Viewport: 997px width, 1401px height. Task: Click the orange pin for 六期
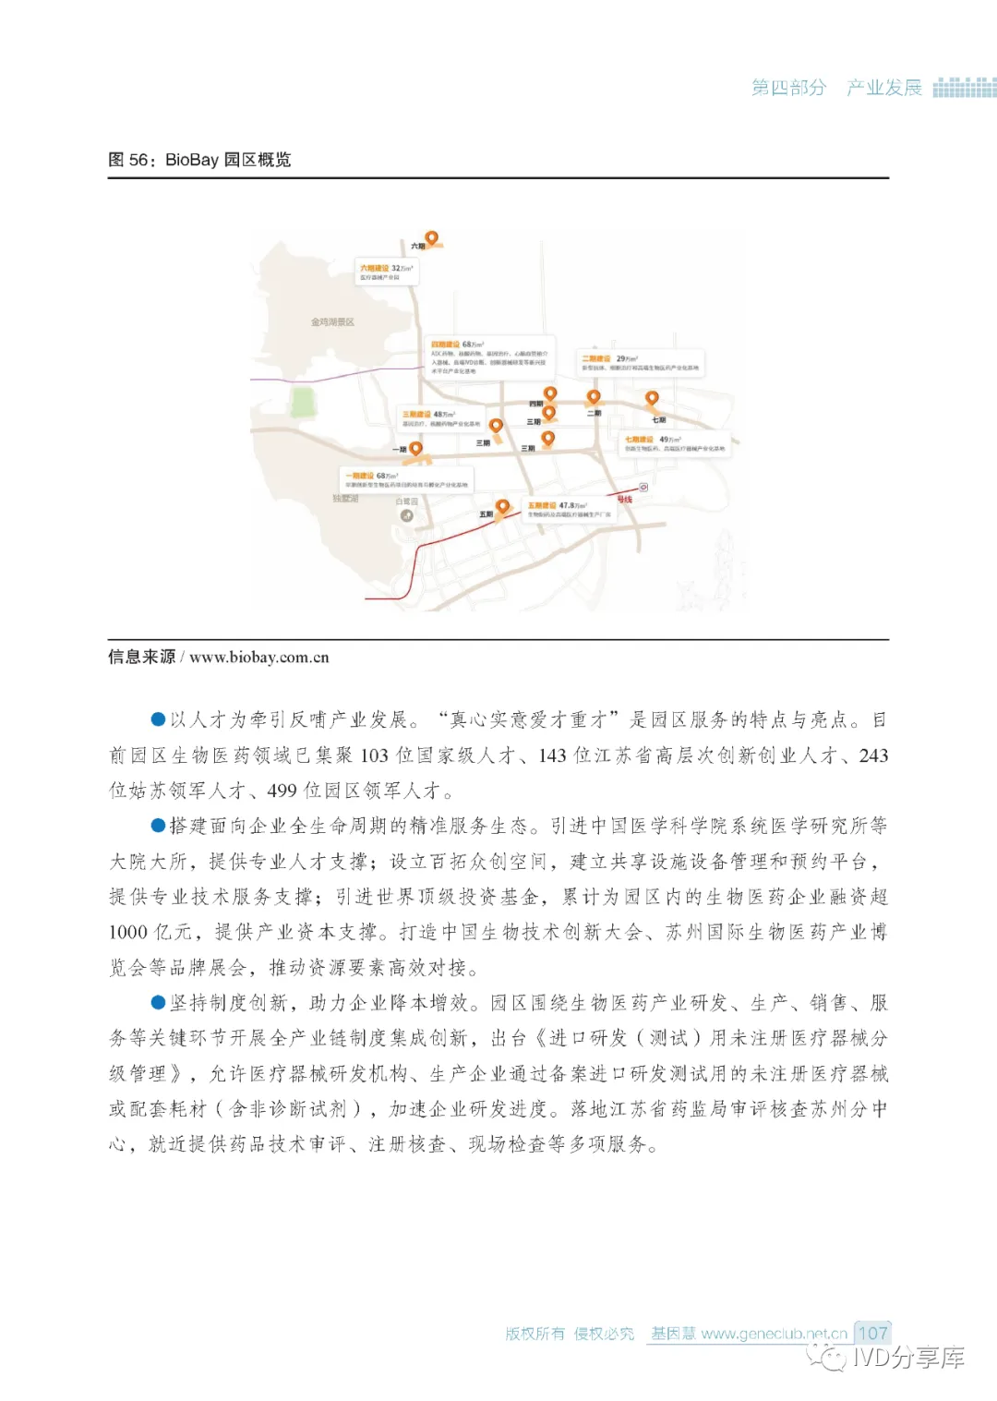[x=430, y=238]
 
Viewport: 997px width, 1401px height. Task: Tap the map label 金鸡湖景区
[x=332, y=321]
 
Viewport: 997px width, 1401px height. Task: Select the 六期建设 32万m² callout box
[x=387, y=272]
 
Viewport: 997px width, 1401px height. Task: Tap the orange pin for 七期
[x=652, y=399]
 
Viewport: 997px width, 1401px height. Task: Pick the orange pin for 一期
[x=416, y=449]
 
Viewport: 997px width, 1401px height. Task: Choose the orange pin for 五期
[x=502, y=507]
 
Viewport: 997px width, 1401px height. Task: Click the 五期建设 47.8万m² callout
[x=570, y=509]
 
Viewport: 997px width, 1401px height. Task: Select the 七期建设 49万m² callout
[x=674, y=443]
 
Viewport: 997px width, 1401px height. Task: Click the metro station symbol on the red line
[x=643, y=487]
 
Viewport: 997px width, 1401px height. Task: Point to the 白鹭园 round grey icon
[x=407, y=515]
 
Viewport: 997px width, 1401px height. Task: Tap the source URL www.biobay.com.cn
[x=258, y=658]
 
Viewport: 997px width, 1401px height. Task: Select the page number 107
[x=871, y=1333]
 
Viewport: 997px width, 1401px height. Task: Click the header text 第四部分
[x=788, y=88]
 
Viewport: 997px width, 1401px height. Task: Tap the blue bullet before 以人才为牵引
[x=159, y=719]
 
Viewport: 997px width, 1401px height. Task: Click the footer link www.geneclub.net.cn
[x=774, y=1334]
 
